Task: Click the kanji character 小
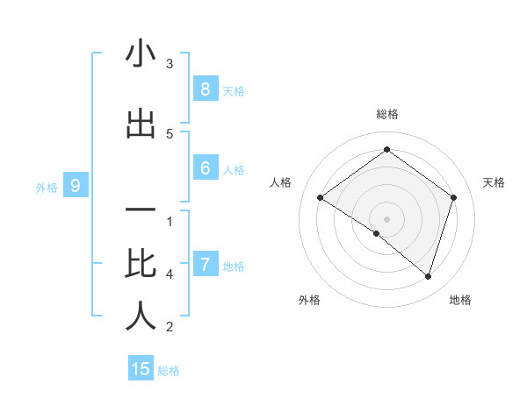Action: click(x=141, y=54)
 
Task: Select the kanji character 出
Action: click(x=141, y=124)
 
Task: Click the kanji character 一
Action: click(x=141, y=212)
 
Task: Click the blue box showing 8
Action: click(x=205, y=89)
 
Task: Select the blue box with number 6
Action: click(x=205, y=168)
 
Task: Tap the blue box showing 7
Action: click(x=205, y=264)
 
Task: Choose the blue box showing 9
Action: click(x=76, y=185)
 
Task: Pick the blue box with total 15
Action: click(x=141, y=369)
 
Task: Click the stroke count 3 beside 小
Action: click(x=170, y=64)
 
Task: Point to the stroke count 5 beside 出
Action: click(x=170, y=134)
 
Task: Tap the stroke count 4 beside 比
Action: click(x=170, y=274)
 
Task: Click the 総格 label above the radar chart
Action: click(x=386, y=114)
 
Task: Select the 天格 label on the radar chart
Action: click(x=495, y=182)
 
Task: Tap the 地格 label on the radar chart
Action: click(x=460, y=300)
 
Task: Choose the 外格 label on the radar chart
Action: click(x=309, y=300)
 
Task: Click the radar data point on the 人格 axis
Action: click(x=320, y=198)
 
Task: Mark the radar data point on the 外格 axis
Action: click(x=377, y=233)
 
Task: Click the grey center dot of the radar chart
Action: click(x=386, y=218)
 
